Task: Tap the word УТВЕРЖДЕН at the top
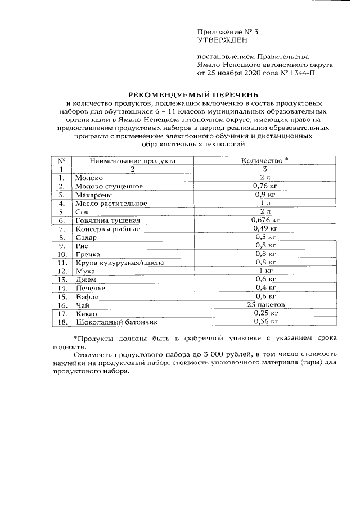tap(222, 40)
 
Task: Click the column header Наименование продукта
tap(132, 160)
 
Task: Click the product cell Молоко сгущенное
tap(109, 186)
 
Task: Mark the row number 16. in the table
tap(62, 304)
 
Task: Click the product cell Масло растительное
tap(111, 203)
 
